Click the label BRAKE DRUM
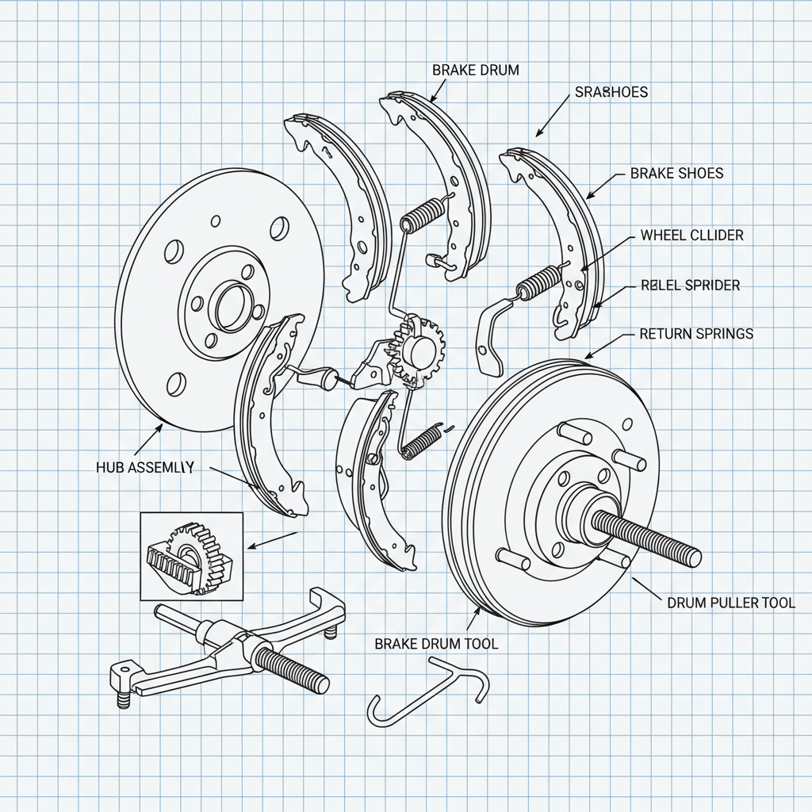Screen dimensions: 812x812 [476, 70]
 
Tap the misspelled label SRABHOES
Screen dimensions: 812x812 [610, 92]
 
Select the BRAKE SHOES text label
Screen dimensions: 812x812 [676, 173]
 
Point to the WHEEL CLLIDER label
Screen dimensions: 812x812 [691, 236]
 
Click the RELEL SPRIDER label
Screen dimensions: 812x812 [690, 285]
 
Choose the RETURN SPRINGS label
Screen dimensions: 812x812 [696, 335]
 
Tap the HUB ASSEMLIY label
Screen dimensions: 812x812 [144, 467]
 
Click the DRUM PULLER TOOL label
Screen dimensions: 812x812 [730, 603]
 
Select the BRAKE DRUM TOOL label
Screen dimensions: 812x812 [436, 644]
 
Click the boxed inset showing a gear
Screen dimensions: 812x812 [192, 555]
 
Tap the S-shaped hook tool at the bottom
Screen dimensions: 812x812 [428, 694]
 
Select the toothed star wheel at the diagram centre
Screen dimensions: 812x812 [420, 349]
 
